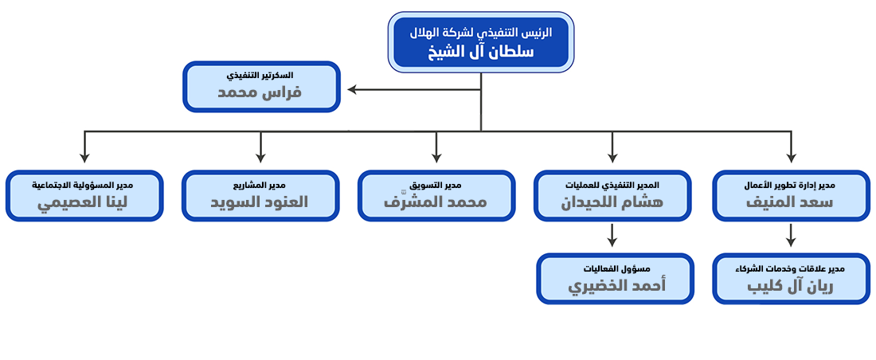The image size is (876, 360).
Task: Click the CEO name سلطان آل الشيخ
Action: tap(480, 52)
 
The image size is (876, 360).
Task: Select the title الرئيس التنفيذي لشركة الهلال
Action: tap(480, 33)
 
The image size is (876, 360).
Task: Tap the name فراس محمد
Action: tap(260, 92)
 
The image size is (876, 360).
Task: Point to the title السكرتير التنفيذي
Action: tap(260, 75)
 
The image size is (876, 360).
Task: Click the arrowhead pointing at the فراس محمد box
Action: tap(352, 89)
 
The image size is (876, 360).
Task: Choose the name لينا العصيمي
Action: tap(84, 202)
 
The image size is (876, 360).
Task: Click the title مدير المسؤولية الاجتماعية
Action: tap(84, 185)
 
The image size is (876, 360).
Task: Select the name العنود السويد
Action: tap(260, 202)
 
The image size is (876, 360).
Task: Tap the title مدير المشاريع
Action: tap(260, 185)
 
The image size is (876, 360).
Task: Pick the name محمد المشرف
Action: tap(436, 202)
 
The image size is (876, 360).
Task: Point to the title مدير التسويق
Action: tap(436, 185)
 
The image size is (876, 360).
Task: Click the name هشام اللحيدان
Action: tap(612, 202)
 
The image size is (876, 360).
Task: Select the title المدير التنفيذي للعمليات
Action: tap(612, 185)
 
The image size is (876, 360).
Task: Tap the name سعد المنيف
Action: tap(790, 202)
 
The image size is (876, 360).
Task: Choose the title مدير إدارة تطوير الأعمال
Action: tap(790, 185)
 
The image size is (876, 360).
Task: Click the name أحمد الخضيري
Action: tap(615, 285)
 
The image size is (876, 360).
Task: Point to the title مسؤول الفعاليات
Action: tap(615, 268)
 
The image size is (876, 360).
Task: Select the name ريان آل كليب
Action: tap(790, 285)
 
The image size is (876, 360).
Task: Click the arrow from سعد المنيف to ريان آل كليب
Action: tap(790, 235)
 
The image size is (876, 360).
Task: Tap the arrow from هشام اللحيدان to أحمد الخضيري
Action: tap(612, 235)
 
